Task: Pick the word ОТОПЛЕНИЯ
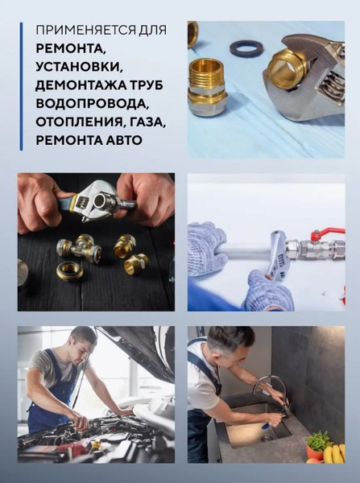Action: tap(77, 122)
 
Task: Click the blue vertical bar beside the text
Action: tap(21, 86)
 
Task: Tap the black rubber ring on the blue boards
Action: tap(246, 48)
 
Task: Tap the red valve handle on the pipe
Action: tap(328, 234)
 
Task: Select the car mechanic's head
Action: tap(81, 341)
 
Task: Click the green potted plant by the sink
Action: tap(317, 440)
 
